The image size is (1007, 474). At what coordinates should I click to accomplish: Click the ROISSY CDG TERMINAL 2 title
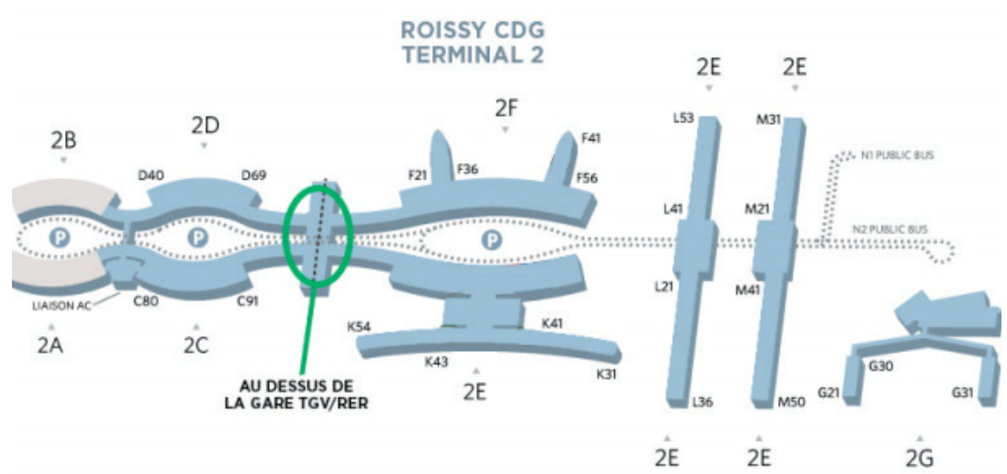pyautogui.click(x=473, y=41)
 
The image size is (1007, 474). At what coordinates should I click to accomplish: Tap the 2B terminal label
pyautogui.click(x=63, y=141)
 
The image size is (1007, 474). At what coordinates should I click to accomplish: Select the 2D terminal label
pyautogui.click(x=204, y=126)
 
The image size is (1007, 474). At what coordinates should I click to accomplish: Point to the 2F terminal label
pyautogui.click(x=506, y=108)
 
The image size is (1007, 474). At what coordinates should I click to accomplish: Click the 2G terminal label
pyautogui.click(x=919, y=457)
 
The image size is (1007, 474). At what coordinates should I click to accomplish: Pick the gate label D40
pyautogui.click(x=151, y=175)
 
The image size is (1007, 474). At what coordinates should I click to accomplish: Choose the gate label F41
pyautogui.click(x=591, y=139)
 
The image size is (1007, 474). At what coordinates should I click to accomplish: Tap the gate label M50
pyautogui.click(x=790, y=402)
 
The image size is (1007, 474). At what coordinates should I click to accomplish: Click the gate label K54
pyautogui.click(x=359, y=326)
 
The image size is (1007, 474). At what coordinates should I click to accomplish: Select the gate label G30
pyautogui.click(x=881, y=366)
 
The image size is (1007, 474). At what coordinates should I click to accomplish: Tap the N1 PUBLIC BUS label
pyautogui.click(x=897, y=155)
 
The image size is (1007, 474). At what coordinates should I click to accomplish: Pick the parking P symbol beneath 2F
pyautogui.click(x=494, y=240)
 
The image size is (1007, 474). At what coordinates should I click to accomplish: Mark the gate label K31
pyautogui.click(x=607, y=374)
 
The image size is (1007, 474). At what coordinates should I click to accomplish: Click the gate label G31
pyautogui.click(x=963, y=393)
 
